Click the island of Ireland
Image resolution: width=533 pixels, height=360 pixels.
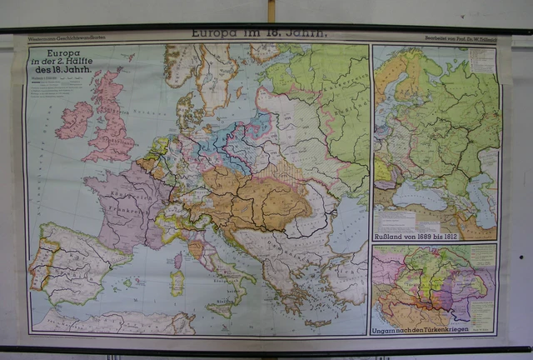click(x=74, y=120)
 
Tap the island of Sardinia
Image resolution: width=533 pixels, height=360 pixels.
click(x=177, y=282)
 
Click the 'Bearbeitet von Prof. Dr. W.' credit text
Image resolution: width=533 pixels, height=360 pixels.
click(x=462, y=38)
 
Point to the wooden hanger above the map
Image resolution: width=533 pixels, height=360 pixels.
click(x=271, y=11)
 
